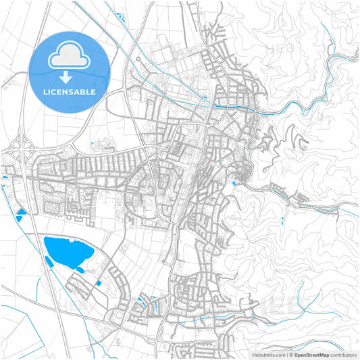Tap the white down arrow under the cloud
point(66,78)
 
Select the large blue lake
point(67,251)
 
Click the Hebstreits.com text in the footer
point(267,354)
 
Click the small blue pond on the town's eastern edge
point(234,181)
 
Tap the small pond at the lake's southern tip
point(80,270)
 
